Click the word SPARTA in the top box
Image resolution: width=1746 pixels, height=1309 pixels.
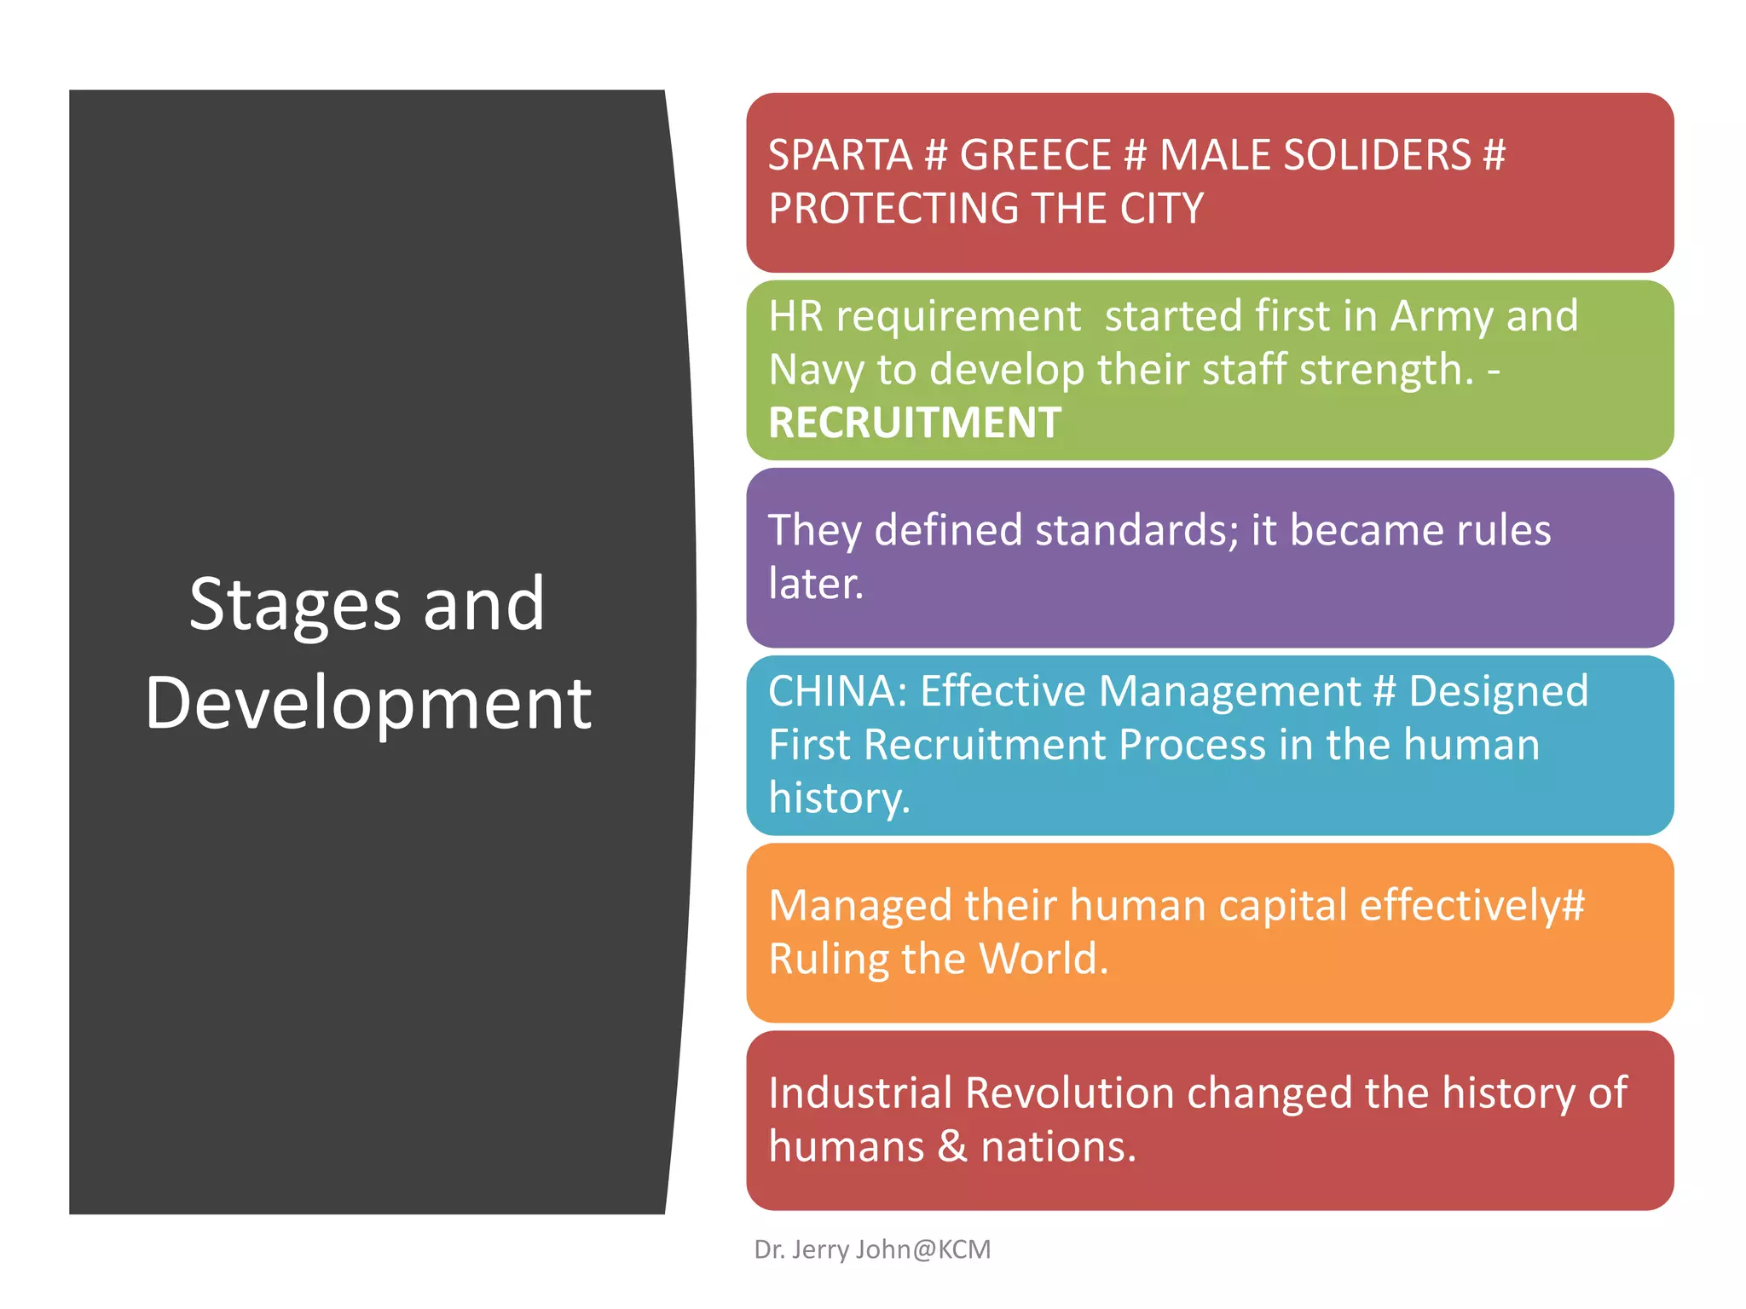[x=840, y=155]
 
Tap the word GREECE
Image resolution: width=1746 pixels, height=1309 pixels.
[x=1035, y=155]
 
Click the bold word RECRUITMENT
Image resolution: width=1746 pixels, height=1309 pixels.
[x=915, y=423]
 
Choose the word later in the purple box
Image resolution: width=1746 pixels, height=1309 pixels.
[x=815, y=584]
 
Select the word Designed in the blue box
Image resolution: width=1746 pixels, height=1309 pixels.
[x=1498, y=691]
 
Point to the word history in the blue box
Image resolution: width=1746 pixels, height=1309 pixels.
[x=839, y=799]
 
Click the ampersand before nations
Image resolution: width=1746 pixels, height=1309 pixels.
[x=952, y=1146]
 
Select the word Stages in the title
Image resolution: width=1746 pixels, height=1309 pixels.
[x=294, y=605]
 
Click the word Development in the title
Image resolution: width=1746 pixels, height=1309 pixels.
[x=368, y=703]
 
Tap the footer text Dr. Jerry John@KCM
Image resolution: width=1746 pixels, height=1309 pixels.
[x=872, y=1249]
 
